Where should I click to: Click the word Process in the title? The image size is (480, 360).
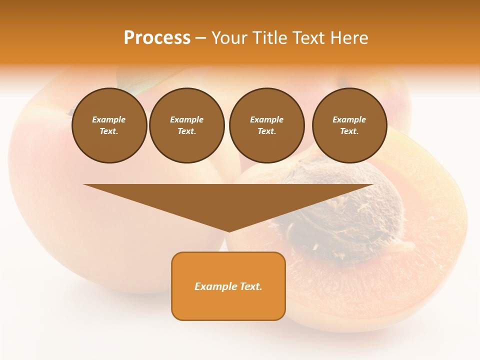pyautogui.click(x=157, y=38)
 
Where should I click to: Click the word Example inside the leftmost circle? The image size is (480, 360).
pyautogui.click(x=109, y=119)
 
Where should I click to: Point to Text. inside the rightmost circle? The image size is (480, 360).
pyautogui.click(x=349, y=131)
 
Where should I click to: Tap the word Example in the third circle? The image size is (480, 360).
pyautogui.click(x=266, y=119)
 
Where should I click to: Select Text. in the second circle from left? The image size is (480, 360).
pyautogui.click(x=186, y=131)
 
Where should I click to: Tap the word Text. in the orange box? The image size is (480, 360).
pyautogui.click(x=250, y=286)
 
